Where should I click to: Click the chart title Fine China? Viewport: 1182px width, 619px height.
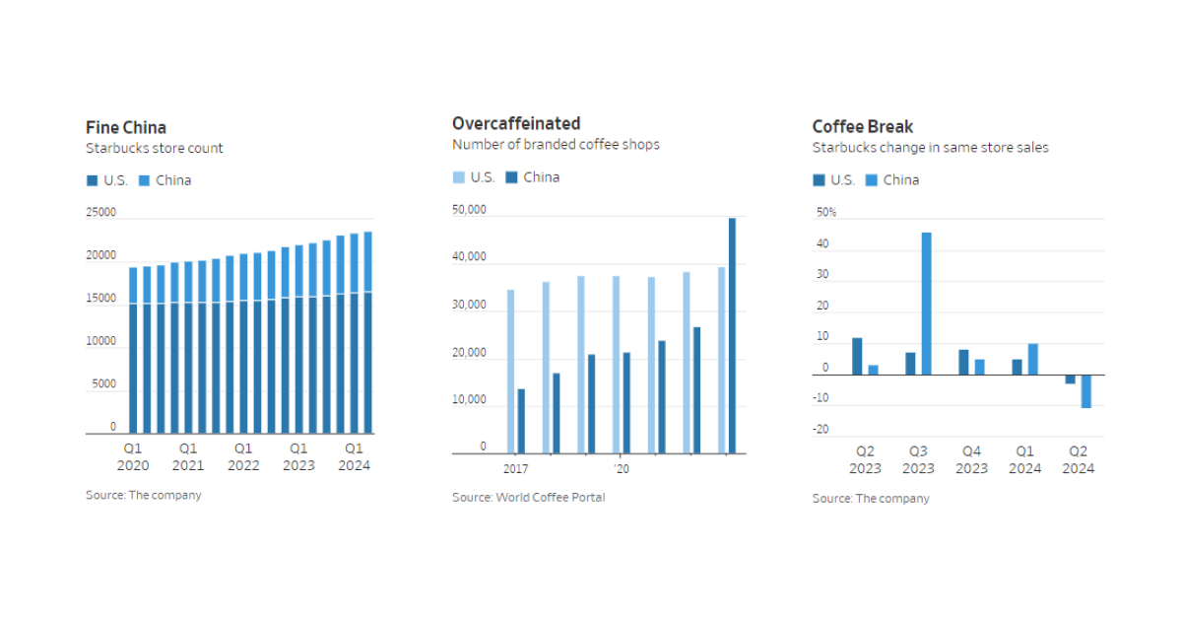pos(126,127)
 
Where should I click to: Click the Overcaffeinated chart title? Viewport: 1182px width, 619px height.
pos(516,123)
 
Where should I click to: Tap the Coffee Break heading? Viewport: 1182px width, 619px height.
pos(862,126)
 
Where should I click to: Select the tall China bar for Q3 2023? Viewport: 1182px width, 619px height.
pos(926,304)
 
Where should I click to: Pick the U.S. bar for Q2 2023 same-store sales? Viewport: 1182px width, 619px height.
pos(857,356)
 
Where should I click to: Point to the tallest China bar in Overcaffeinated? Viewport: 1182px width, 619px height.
pos(732,335)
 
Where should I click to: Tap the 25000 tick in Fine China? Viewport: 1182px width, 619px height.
pos(101,213)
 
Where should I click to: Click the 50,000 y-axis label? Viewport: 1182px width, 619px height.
pos(469,210)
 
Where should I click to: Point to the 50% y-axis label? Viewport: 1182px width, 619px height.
pos(826,213)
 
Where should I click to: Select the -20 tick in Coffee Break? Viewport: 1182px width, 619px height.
pos(821,430)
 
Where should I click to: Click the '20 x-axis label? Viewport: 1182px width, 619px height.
pos(621,469)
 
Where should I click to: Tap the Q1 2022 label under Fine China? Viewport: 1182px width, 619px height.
pos(242,456)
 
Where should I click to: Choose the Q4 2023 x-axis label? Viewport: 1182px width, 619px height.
pos(971,460)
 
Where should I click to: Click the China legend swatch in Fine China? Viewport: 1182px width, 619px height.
pos(144,180)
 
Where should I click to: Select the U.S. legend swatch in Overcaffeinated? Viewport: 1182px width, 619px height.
pos(458,177)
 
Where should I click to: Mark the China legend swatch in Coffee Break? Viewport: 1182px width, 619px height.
pos(871,179)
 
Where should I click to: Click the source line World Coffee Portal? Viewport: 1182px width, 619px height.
pos(528,497)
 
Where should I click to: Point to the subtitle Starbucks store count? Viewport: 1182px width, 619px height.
pos(155,148)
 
